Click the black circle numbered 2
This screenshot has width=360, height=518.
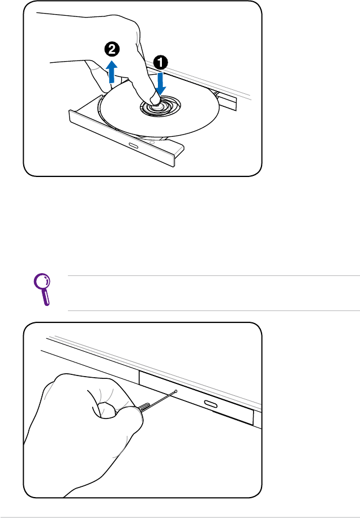click(x=112, y=50)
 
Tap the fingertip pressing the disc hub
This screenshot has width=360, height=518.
click(x=155, y=98)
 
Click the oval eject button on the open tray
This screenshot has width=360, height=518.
click(x=134, y=146)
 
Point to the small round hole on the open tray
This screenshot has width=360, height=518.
click(x=152, y=143)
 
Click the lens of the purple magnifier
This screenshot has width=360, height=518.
click(x=42, y=282)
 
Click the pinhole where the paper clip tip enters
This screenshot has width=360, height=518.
click(x=175, y=391)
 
